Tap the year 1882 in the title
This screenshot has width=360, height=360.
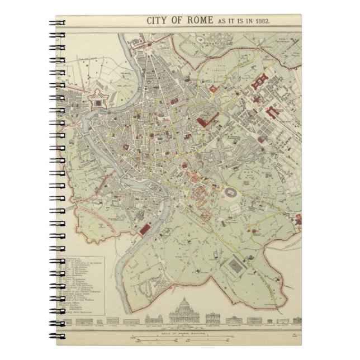(x=260, y=21)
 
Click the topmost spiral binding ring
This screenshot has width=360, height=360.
(x=59, y=23)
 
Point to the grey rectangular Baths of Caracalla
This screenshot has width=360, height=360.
(x=236, y=267)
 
